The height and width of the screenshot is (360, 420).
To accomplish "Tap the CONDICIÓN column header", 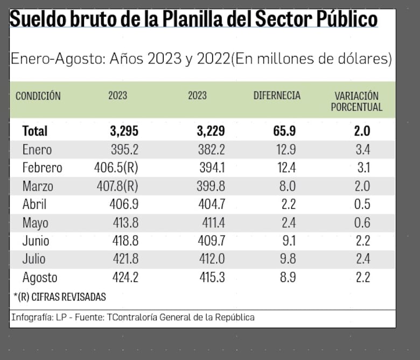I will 38,96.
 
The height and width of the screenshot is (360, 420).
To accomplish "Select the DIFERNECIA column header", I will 277,96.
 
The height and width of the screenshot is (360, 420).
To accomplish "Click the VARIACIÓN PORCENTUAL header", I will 356,101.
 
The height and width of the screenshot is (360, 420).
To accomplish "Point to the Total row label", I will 35,131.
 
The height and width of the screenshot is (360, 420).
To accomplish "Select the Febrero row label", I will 42,168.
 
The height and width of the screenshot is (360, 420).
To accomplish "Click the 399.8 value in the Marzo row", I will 211,186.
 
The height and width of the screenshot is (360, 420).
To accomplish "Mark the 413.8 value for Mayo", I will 123,223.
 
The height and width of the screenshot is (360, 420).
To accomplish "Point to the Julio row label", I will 34,259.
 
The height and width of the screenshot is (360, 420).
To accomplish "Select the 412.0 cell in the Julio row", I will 211,259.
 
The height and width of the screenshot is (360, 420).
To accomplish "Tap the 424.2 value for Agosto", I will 123,278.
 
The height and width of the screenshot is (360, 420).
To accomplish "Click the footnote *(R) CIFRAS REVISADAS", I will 59,297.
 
